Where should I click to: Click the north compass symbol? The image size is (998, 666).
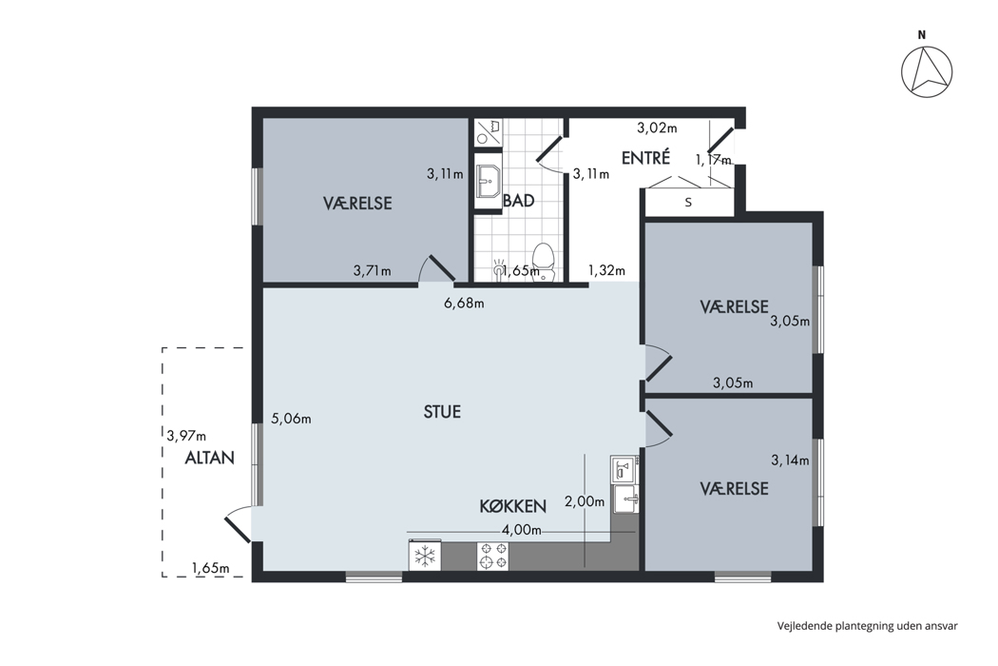(x=927, y=71)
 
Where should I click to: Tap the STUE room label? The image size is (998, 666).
(x=442, y=412)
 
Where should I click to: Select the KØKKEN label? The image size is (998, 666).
(x=512, y=506)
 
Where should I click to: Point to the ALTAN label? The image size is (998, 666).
(x=209, y=458)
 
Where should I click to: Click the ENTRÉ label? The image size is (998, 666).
(x=645, y=157)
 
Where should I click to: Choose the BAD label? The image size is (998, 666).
(x=519, y=201)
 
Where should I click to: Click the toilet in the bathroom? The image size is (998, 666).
(x=544, y=262)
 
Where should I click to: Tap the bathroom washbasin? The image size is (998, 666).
(x=489, y=181)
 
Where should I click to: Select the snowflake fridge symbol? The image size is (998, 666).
(x=425, y=556)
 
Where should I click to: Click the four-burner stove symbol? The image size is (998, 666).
(x=492, y=556)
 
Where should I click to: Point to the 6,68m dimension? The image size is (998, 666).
(x=464, y=304)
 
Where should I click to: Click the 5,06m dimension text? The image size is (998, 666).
(x=291, y=419)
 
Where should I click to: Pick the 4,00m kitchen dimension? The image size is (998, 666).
(x=521, y=530)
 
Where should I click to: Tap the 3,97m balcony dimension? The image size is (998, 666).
(x=186, y=436)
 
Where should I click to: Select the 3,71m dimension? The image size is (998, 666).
(x=373, y=271)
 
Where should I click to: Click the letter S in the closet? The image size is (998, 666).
(x=688, y=203)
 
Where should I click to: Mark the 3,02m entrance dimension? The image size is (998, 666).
(x=657, y=128)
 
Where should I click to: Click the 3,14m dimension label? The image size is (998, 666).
(x=790, y=460)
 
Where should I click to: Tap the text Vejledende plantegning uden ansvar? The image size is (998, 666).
(x=867, y=626)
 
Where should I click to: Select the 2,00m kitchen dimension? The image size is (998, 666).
(x=585, y=501)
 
